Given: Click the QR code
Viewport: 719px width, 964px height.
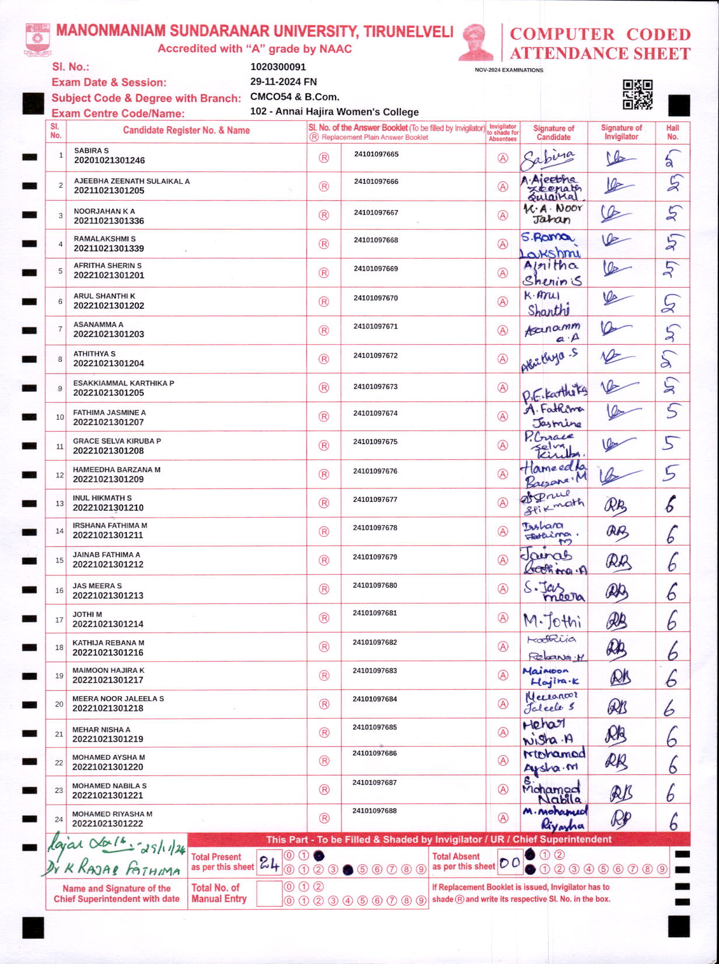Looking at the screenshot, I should coord(637,95).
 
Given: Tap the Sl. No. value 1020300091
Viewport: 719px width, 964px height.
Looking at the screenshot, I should coord(278,67).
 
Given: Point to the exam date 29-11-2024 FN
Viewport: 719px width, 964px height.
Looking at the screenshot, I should coord(283,82).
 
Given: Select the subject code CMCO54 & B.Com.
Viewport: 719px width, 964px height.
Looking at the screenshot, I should coord(294,97).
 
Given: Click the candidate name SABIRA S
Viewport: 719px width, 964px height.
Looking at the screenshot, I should coord(91,151).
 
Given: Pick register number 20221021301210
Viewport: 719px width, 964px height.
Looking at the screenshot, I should coord(108,508).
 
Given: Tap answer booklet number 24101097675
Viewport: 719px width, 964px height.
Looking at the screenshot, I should coord(375,442).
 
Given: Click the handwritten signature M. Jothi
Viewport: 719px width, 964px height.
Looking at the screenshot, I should coord(552,620).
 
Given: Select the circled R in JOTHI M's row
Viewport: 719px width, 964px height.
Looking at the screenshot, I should coord(324,618).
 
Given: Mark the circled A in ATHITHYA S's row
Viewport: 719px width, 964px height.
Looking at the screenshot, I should coord(502,359).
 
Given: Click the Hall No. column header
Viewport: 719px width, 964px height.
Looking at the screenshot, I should coord(672,132).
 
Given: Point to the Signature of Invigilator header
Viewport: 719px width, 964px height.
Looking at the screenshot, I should coord(621,132).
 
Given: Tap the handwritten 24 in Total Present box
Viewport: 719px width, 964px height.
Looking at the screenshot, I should coord(269,864).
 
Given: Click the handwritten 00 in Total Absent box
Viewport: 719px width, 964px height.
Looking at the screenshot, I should coord(509,863).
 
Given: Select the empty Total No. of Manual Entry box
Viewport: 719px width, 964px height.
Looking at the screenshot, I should coord(269,893).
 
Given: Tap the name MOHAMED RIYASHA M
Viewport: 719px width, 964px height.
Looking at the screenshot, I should coord(112,813).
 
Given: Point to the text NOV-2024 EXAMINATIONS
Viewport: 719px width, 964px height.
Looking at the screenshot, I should coord(508,70).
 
